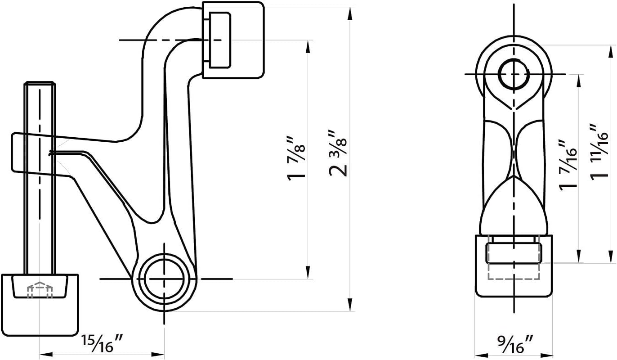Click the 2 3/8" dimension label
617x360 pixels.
point(338,153)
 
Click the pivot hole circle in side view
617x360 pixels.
point(165,279)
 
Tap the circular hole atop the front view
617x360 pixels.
point(513,74)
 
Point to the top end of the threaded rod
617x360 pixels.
point(40,84)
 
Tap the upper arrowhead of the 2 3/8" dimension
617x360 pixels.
point(350,12)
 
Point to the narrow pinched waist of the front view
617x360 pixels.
point(513,153)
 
